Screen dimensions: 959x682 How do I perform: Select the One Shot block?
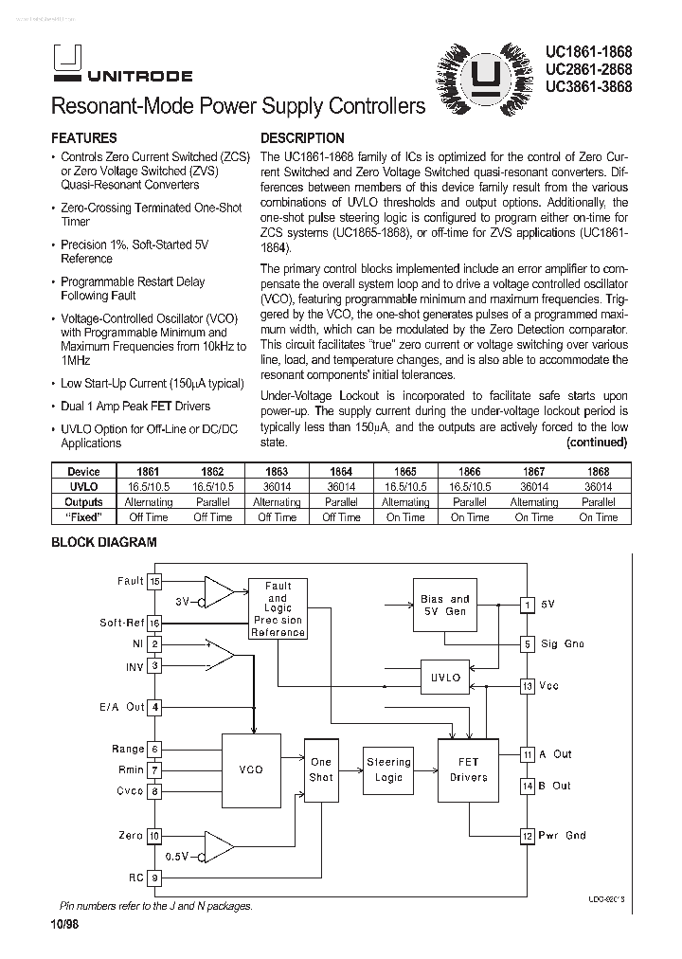tap(321, 769)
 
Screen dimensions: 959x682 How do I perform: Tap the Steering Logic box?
tap(388, 769)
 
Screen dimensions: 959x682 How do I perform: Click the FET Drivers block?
tap(468, 769)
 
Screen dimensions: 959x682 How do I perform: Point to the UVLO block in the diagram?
tap(445, 678)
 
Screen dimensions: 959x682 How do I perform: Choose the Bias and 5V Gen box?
tap(444, 605)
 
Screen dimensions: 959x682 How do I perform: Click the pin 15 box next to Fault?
tap(155, 581)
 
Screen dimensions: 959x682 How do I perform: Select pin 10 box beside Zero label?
tap(155, 836)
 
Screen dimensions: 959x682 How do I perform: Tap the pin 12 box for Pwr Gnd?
tap(528, 836)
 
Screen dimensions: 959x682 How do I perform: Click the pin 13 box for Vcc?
tap(528, 685)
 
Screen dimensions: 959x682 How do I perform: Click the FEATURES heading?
tap(83, 137)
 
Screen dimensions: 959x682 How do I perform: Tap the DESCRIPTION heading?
tap(302, 137)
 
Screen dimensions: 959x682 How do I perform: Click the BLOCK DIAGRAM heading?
tap(103, 543)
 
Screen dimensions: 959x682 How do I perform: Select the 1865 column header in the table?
tap(405, 471)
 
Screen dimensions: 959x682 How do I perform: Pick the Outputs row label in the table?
tap(83, 502)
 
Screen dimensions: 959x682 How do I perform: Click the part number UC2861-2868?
tap(588, 69)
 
